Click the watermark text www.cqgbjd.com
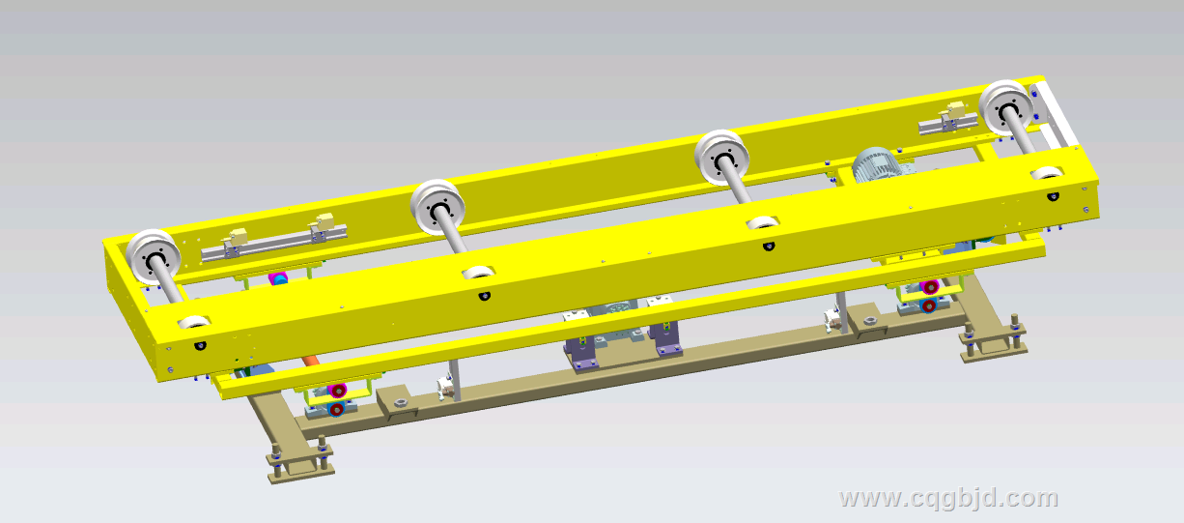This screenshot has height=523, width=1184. (x=948, y=499)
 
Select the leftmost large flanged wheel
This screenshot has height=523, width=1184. (x=154, y=258)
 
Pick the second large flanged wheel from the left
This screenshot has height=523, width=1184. (x=437, y=209)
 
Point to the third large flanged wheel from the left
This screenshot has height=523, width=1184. (x=721, y=159)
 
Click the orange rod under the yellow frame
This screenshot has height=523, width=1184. (x=310, y=360)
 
